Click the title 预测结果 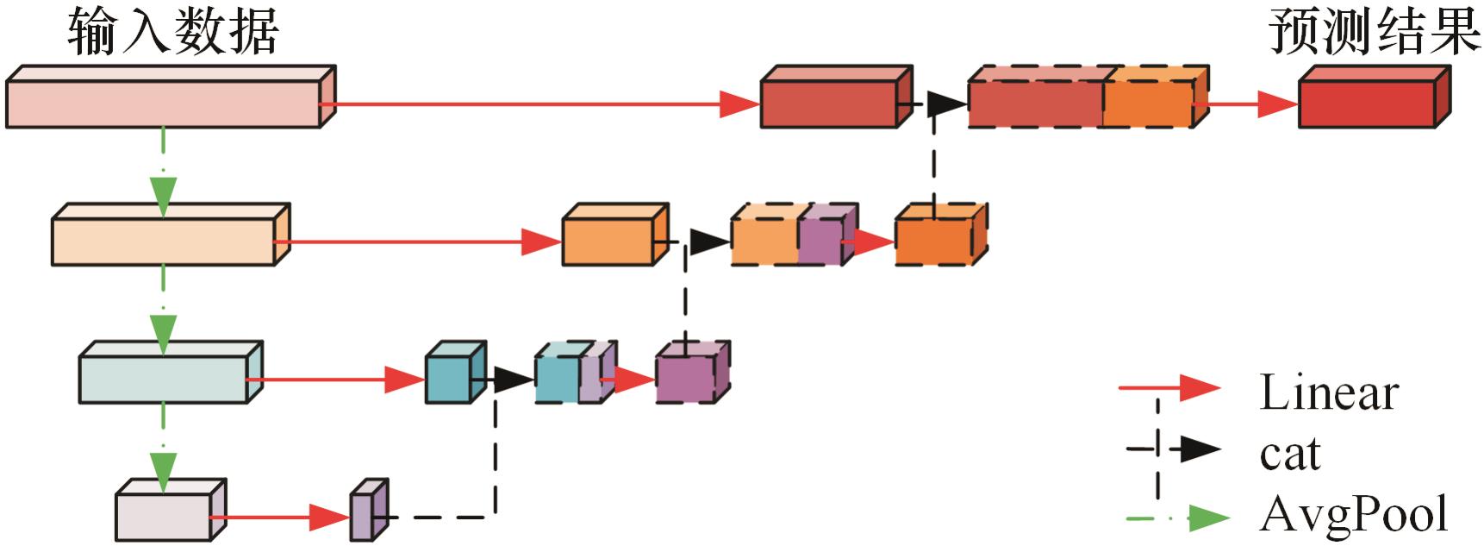point(1374,33)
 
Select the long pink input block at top point(164,104)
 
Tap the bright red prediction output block point(1368,104)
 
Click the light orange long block point(164,241)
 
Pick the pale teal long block point(164,378)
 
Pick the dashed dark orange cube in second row point(935,241)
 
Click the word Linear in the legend point(1328,393)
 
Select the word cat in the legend point(1289,454)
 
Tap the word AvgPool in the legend point(1354,515)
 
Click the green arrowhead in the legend point(1207,518)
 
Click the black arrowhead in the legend point(1199,449)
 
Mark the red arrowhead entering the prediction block point(1276,104)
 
